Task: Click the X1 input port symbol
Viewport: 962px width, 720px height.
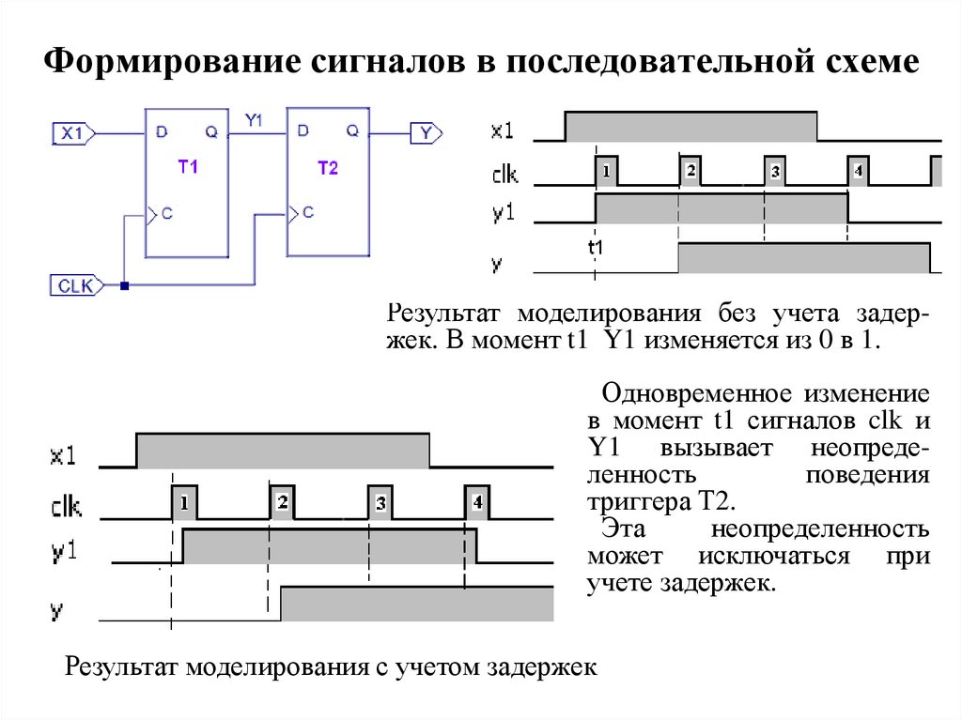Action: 72,134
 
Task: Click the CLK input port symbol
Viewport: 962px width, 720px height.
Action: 75,284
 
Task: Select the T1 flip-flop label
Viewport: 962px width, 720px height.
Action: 188,166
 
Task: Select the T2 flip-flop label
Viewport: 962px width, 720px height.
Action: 328,166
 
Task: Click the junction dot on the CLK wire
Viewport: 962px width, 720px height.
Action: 124,283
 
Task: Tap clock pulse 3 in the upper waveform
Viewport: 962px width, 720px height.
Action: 773,172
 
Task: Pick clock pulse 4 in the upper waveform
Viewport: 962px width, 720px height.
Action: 856,172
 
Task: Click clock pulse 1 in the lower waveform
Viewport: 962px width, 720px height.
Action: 184,503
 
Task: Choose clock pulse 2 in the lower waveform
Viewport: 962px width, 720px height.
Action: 282,503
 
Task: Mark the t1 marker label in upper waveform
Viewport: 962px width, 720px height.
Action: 596,248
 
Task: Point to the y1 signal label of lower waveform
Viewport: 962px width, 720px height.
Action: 65,551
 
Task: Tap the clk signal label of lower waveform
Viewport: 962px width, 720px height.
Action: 65,507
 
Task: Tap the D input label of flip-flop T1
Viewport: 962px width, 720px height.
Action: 162,133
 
